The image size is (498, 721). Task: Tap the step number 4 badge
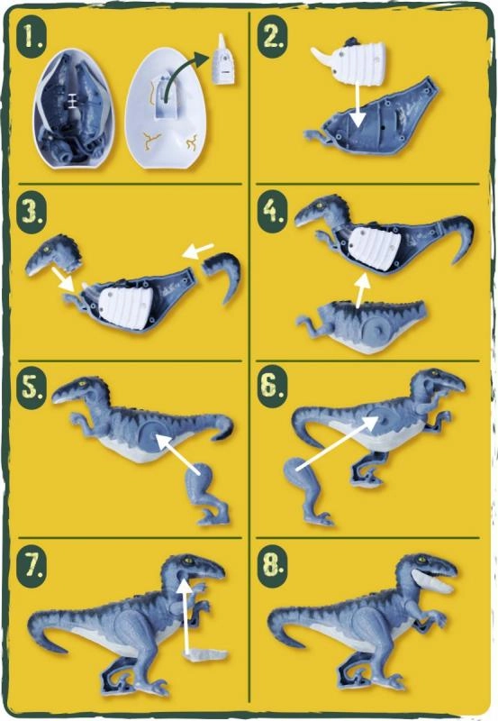pos(272,211)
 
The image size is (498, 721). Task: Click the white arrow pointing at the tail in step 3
pos(197,251)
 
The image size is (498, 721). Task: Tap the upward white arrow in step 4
pos(362,289)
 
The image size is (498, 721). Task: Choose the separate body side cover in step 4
pos(363,326)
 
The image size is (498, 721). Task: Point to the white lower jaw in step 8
pos(434,580)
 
